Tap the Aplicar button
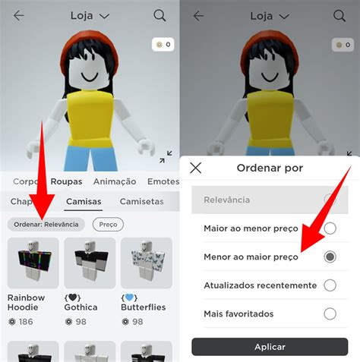point(270,347)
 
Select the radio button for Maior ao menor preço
point(330,228)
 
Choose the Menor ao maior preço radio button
point(330,257)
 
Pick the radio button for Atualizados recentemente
point(330,285)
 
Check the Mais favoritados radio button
point(330,314)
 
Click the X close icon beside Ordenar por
point(196,168)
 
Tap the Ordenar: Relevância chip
point(46,225)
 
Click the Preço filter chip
point(108,225)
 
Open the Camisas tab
point(84,201)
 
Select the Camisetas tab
point(141,201)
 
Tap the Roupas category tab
point(66,181)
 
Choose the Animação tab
point(115,181)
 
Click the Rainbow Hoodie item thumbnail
point(33,263)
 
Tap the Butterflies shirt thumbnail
point(147,263)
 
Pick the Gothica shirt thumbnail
point(90,263)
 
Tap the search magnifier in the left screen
point(159,16)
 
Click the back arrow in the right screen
point(198,16)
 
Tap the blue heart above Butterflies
point(129,297)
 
